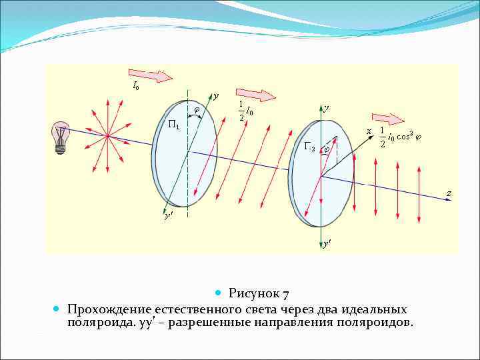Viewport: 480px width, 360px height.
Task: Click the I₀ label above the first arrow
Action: [x=135, y=85]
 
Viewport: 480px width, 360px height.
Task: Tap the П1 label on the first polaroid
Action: [x=173, y=125]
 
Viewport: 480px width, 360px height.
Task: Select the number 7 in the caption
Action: [x=285, y=293]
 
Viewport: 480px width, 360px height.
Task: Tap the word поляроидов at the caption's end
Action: [x=373, y=323]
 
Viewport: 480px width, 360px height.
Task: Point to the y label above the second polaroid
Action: [x=326, y=108]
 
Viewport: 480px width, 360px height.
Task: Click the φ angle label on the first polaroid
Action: [x=196, y=110]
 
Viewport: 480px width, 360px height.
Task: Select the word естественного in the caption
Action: [x=195, y=309]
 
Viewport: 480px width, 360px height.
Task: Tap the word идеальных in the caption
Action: [x=372, y=309]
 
